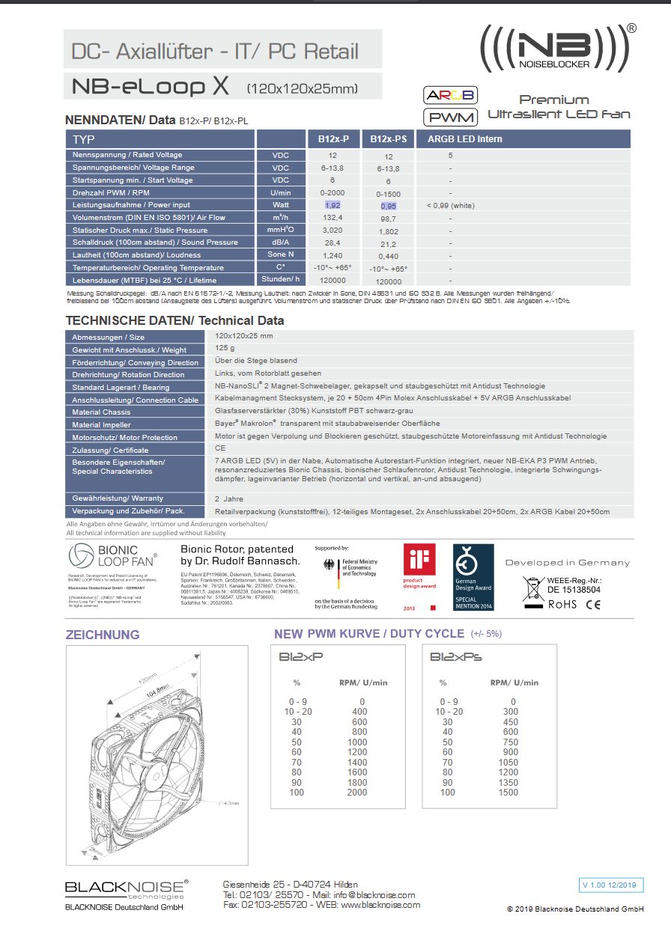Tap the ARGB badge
pyautogui.click(x=450, y=96)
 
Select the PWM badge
pyautogui.click(x=450, y=118)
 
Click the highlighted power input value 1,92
pyautogui.click(x=333, y=204)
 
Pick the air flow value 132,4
pyautogui.click(x=333, y=217)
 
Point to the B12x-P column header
pyautogui.click(x=333, y=139)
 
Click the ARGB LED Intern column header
pyautogui.click(x=464, y=139)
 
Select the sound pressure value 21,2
pyautogui.click(x=388, y=243)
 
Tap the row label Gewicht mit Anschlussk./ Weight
pyautogui.click(x=130, y=350)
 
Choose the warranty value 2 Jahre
pyautogui.click(x=229, y=498)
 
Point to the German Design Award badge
pyautogui.click(x=473, y=577)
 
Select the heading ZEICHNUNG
pyautogui.click(x=103, y=635)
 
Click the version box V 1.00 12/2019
pyautogui.click(x=611, y=885)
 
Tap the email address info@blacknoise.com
pyautogui.click(x=374, y=894)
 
